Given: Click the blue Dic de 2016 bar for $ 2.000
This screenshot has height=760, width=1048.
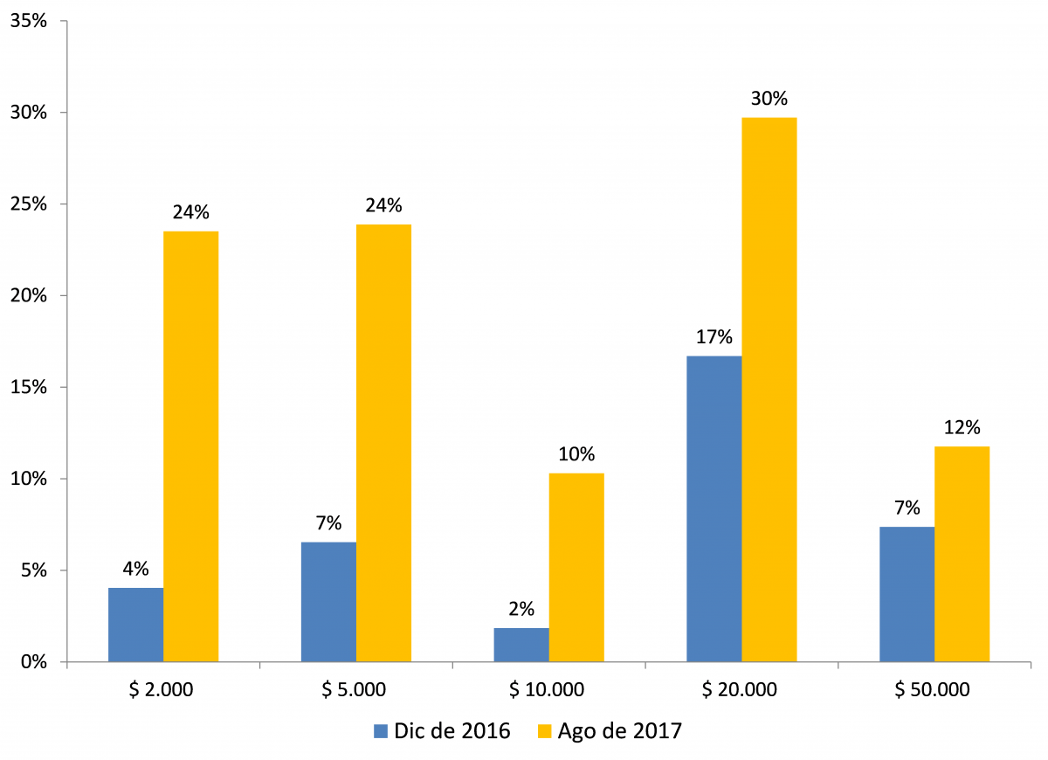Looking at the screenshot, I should (135, 625).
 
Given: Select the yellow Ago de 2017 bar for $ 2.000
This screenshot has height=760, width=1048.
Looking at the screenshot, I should (190, 446).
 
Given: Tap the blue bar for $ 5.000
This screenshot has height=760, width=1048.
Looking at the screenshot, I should (328, 602).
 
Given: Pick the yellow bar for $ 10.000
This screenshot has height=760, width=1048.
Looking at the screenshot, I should (576, 568).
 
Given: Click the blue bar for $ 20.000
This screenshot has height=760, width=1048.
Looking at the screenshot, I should (714, 508).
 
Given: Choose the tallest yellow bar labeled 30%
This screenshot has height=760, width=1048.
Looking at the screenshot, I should (769, 389).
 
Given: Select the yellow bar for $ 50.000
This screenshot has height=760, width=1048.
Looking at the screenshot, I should (962, 554).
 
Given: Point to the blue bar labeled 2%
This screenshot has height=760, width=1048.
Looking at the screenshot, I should (521, 645).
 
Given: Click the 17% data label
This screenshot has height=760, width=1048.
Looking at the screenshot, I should (714, 337).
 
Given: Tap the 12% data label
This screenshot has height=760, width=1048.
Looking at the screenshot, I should (962, 428).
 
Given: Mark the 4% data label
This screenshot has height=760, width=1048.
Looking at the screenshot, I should (135, 569).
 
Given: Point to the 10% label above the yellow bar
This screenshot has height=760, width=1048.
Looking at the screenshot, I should (576, 454).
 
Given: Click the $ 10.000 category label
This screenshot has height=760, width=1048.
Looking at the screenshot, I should (548, 690).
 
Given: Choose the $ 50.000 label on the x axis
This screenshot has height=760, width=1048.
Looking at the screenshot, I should (934, 690).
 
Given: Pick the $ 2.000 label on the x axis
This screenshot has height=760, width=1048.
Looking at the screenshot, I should (162, 690).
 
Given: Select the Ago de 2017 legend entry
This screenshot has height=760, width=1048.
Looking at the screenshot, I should (608, 731).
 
